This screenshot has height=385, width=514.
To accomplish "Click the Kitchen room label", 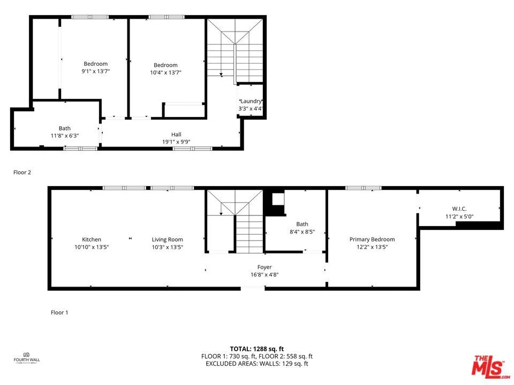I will tap(92, 240).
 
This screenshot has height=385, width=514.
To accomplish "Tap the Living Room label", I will tap(167, 240).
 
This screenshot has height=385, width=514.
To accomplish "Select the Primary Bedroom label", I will tap(372, 240).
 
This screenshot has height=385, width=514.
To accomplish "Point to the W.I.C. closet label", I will tap(459, 209).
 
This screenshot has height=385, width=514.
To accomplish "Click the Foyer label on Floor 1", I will tap(264, 267).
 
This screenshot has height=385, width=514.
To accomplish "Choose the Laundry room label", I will tap(251, 101).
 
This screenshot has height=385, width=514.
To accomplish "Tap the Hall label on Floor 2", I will tap(176, 134).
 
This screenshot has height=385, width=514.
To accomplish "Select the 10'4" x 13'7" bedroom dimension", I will tap(165, 73).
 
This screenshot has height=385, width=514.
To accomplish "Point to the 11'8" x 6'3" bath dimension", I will tap(64, 136).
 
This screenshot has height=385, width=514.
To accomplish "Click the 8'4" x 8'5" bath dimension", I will tap(302, 232).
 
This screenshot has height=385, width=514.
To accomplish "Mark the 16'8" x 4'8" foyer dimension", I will tap(264, 274).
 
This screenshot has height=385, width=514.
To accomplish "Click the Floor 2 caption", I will tap(22, 172).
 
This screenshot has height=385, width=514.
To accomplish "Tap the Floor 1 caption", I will tap(59, 312).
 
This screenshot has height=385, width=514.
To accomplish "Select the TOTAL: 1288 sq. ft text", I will tap(257, 349).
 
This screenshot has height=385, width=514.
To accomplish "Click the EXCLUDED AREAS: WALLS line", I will tap(257, 364).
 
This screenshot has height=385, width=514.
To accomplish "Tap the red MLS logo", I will tap(488, 366).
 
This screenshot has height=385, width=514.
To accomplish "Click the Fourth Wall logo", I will tap(27, 357).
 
